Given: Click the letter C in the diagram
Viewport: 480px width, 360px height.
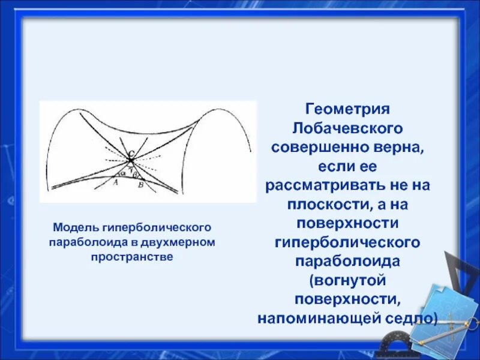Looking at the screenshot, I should tap(131, 153).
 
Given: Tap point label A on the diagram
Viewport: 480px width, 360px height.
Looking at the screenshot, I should tap(115, 185).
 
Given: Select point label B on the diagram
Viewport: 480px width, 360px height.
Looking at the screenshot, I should tap(140, 185).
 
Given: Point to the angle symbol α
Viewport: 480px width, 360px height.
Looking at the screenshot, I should tap(123, 173).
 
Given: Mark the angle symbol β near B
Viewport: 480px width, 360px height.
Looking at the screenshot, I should tap(136, 173).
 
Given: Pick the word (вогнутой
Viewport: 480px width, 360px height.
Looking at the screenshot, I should tap(348, 280).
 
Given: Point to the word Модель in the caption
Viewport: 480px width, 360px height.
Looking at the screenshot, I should tap(76, 228).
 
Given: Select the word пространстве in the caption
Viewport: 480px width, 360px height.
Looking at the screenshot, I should tap(132, 256).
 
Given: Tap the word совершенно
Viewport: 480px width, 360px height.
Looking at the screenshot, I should tap(311, 147).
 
